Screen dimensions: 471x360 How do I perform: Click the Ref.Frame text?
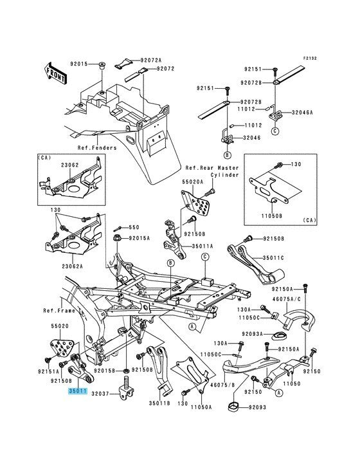59,310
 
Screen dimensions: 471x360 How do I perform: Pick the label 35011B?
161,403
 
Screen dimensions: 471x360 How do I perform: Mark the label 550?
133,227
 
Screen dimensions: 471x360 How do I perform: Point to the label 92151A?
49,371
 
